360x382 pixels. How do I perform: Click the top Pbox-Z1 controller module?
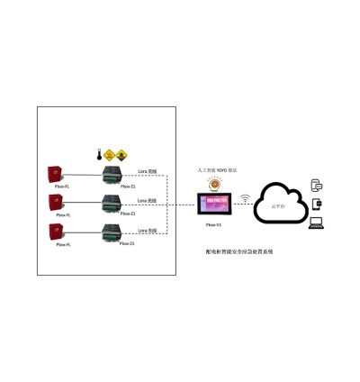click(x=113, y=174)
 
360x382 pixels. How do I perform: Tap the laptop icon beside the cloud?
click(x=316, y=221)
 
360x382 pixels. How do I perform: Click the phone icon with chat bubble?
click(x=316, y=185)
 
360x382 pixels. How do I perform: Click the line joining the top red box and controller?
click(x=86, y=175)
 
